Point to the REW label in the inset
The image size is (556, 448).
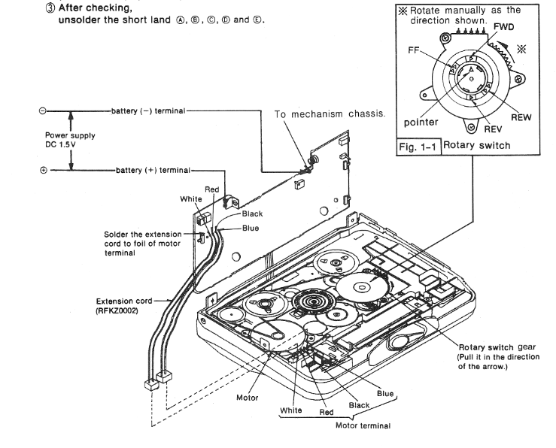click(521, 118)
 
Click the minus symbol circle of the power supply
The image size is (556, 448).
click(43, 111)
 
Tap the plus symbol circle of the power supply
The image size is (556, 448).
click(43, 170)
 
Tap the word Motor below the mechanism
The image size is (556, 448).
click(248, 397)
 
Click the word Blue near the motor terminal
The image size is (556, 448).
click(385, 394)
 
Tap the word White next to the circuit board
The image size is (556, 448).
click(191, 199)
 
